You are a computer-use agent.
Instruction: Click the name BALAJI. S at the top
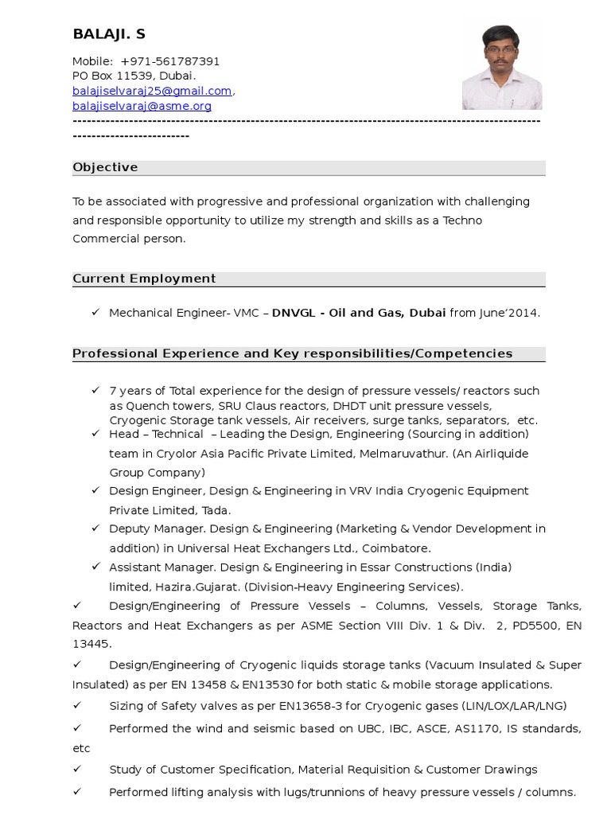(109, 34)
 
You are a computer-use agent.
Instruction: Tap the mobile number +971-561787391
(169, 61)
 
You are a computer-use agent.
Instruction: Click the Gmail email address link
(152, 91)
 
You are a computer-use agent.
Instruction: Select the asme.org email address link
(142, 106)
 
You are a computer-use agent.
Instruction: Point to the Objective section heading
(105, 167)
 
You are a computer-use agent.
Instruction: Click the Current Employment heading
(144, 279)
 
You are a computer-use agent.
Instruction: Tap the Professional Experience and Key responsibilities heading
(292, 353)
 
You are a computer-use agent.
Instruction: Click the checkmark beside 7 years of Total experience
(95, 391)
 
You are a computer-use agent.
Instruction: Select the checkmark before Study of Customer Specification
(77, 770)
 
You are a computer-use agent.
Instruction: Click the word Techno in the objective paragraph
(462, 220)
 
